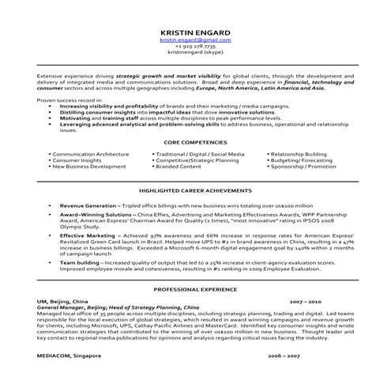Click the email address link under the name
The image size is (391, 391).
pos(194,39)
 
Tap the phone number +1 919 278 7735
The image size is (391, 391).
pos(194,46)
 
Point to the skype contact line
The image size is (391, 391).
pos(194,53)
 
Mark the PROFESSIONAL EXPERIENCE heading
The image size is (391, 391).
pos(194,290)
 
